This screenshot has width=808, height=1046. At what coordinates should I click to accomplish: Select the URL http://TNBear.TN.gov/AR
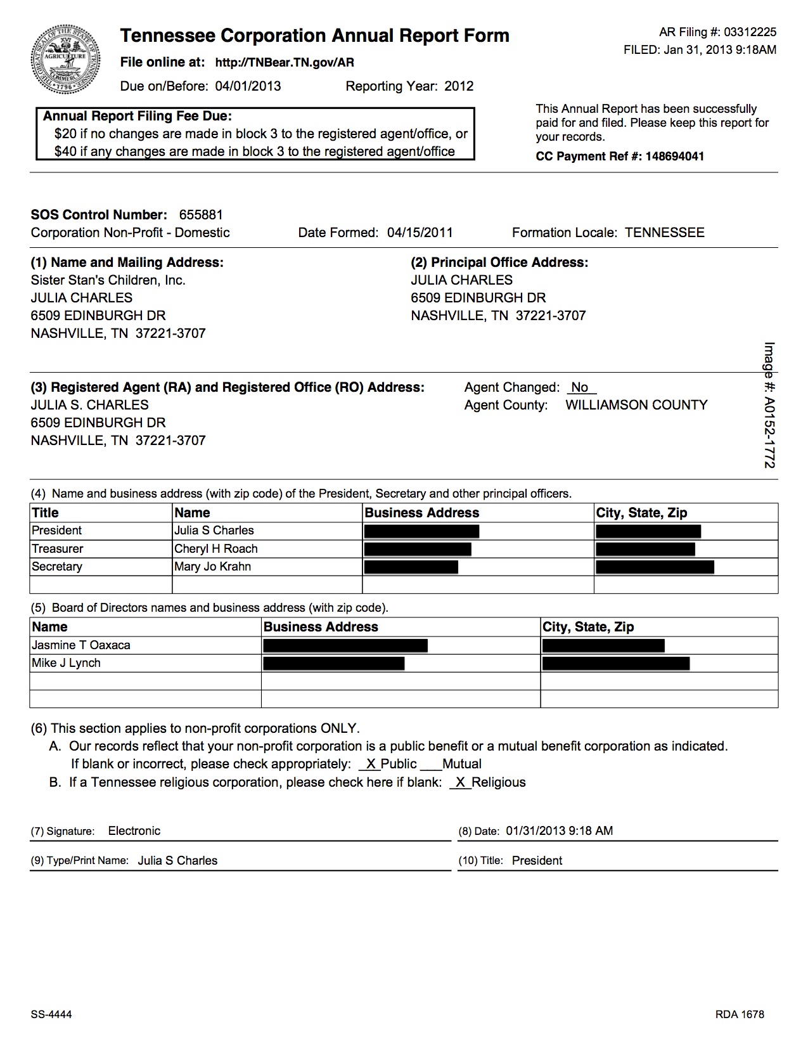pyautogui.click(x=285, y=62)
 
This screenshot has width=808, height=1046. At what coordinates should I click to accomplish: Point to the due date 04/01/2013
pyautogui.click(x=248, y=86)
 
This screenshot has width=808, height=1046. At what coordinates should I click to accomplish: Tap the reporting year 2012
pyautogui.click(x=459, y=86)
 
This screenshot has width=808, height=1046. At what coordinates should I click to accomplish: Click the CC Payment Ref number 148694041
pyautogui.click(x=674, y=157)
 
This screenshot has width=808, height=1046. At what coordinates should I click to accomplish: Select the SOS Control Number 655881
pyautogui.click(x=201, y=215)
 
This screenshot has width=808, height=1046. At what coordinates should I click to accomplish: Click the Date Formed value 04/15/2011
pyautogui.click(x=420, y=233)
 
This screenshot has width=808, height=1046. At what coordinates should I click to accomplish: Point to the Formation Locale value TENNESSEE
pyautogui.click(x=664, y=233)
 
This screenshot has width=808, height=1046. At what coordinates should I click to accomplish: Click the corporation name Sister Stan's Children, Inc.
pyautogui.click(x=108, y=280)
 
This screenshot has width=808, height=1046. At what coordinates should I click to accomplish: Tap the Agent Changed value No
pyautogui.click(x=579, y=387)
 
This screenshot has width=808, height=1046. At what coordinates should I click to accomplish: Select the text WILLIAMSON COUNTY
pyautogui.click(x=636, y=405)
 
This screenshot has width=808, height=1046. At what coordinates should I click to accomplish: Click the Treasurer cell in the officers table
pyautogui.click(x=58, y=549)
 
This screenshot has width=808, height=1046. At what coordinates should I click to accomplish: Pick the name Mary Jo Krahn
pyautogui.click(x=212, y=567)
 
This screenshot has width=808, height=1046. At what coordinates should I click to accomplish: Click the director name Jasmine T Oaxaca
pyautogui.click(x=81, y=645)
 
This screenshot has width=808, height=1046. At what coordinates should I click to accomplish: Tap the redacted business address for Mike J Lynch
pyautogui.click(x=333, y=664)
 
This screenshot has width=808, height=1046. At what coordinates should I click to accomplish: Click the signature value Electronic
pyautogui.click(x=134, y=831)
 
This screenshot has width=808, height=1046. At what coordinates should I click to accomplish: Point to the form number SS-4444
pyautogui.click(x=51, y=1014)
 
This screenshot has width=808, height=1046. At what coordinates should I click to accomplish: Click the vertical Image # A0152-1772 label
pyautogui.click(x=769, y=406)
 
